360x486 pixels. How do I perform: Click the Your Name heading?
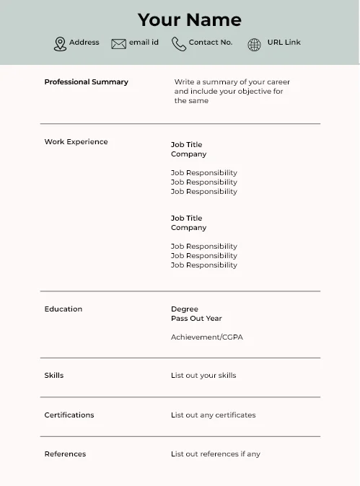[x=189, y=19]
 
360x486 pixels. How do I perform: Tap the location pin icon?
[x=60, y=44]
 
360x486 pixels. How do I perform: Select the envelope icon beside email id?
[x=118, y=44]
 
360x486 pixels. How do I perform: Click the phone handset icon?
[x=178, y=44]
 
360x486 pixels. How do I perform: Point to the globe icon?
[x=254, y=45]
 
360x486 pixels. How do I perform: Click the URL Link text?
[x=284, y=43]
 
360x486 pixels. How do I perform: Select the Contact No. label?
[x=211, y=43]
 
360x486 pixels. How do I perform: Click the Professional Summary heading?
[x=86, y=82]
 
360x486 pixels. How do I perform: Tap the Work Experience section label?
[x=76, y=142]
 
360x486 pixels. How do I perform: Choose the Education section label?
[x=63, y=309]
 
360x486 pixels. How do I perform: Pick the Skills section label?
[x=54, y=376]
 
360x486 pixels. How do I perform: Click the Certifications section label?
[x=69, y=415]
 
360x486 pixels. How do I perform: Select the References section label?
[x=65, y=454]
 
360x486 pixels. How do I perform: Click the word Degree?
[x=184, y=309]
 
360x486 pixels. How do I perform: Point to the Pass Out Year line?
[x=196, y=319]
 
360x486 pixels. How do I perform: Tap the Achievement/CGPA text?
[x=206, y=337]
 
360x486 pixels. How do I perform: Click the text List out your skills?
[x=203, y=376]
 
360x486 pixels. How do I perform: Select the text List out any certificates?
[x=213, y=415]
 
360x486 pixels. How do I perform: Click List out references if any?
[x=215, y=454]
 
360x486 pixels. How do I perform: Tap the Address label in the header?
[x=84, y=43]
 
